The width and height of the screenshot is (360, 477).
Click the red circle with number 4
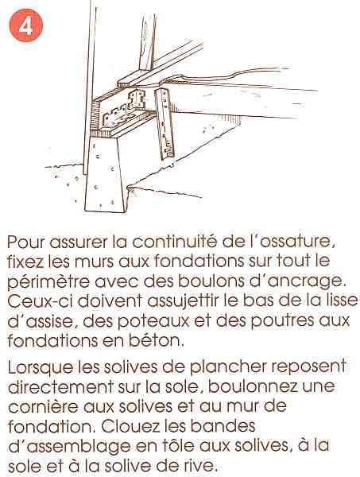pyautogui.click(x=26, y=25)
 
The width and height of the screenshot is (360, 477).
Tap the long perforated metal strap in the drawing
pyautogui.click(x=165, y=124)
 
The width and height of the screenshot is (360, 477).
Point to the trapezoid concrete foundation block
pyautogui.click(x=106, y=174)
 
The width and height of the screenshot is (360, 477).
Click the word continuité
pyautogui.click(x=175, y=242)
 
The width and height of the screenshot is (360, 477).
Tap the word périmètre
pyautogui.click(x=48, y=282)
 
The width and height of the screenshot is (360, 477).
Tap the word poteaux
pyautogui.click(x=153, y=321)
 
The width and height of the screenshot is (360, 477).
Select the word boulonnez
pyautogui.click(x=253, y=386)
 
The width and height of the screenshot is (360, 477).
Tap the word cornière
pyautogui.click(x=43, y=406)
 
